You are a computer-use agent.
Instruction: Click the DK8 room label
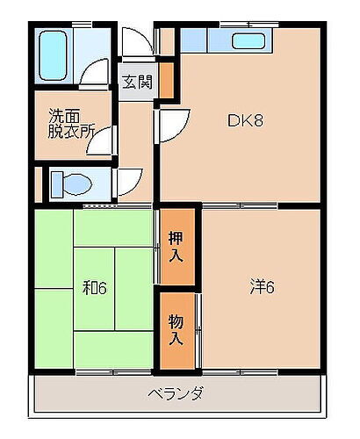(x=247, y=121)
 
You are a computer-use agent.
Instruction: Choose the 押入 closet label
(x=176, y=248)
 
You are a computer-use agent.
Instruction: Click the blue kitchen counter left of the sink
(x=205, y=40)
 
